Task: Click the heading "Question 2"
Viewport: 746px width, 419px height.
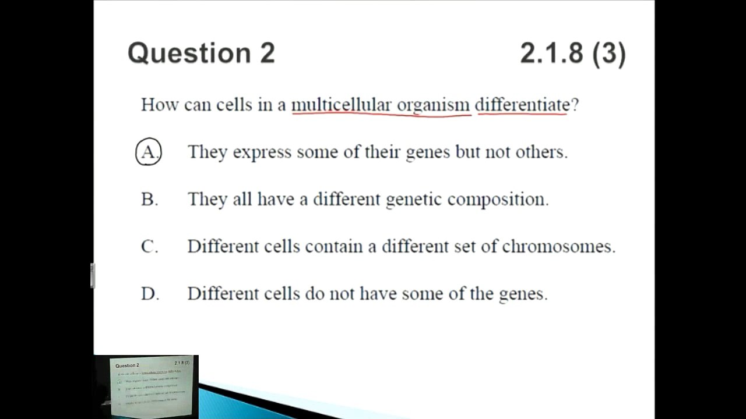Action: (201, 53)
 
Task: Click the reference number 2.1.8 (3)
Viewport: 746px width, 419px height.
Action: (573, 53)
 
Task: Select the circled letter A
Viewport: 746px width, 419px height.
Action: (149, 152)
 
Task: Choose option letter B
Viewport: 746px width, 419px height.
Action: (149, 199)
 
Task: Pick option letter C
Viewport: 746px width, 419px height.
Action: (149, 246)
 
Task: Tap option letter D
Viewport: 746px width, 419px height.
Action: (149, 293)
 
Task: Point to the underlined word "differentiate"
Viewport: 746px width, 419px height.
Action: (522, 105)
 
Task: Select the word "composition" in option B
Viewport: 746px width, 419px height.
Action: (497, 200)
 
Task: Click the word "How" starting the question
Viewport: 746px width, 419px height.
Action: (160, 105)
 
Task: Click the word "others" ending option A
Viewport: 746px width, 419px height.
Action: (541, 152)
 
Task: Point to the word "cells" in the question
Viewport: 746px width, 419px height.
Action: (234, 105)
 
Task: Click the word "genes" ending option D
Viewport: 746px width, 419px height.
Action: (523, 294)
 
